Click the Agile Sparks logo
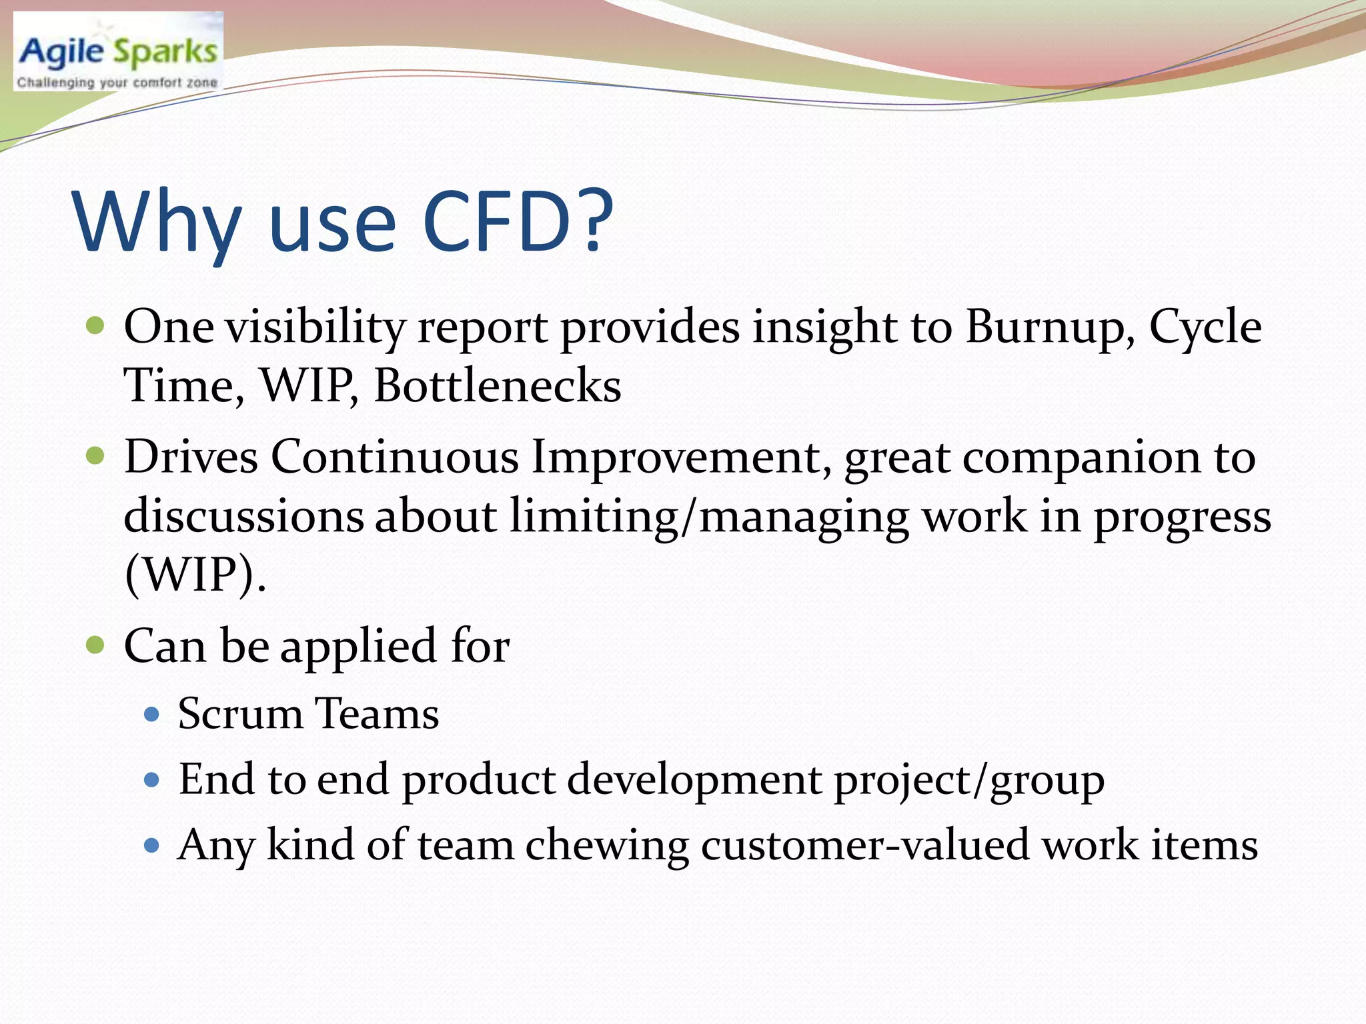(x=118, y=51)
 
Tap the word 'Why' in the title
(x=157, y=223)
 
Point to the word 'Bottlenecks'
(x=497, y=385)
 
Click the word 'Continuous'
(x=394, y=457)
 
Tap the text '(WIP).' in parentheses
(x=195, y=574)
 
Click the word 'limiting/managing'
(x=709, y=517)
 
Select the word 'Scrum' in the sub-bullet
(x=240, y=713)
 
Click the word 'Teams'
(x=376, y=713)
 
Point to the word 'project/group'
(x=969, y=780)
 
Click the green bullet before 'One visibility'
(x=96, y=326)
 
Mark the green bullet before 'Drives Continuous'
(x=96, y=457)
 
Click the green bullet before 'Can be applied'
(x=96, y=645)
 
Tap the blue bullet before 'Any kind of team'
(x=152, y=846)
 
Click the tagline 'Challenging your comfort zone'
(x=117, y=83)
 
